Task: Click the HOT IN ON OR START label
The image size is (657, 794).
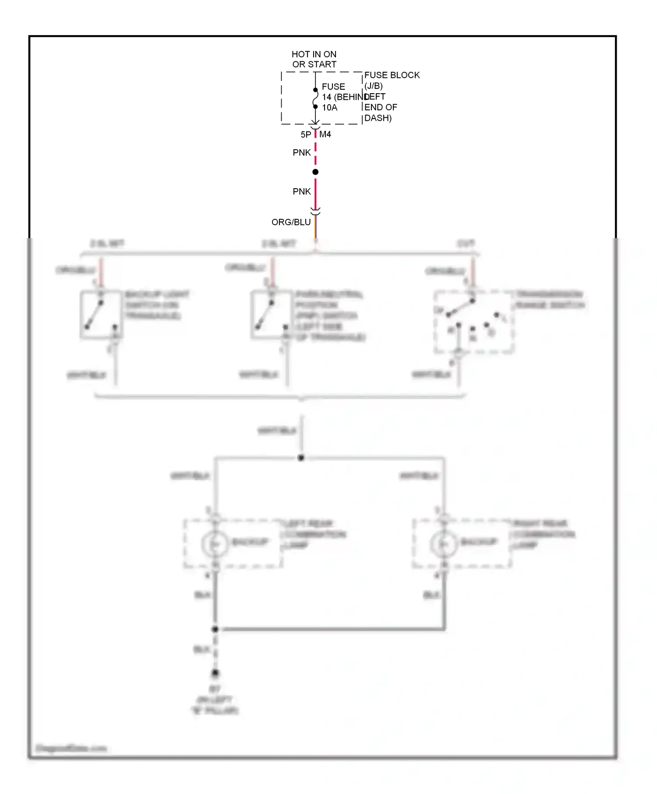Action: [x=314, y=59]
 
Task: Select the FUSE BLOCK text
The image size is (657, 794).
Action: [x=392, y=75]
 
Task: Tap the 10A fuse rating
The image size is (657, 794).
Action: [x=330, y=108]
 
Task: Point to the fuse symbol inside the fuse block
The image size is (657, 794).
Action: [x=315, y=98]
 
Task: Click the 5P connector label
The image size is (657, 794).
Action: [x=306, y=135]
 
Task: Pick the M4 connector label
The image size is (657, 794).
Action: [x=325, y=134]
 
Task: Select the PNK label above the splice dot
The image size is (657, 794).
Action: [x=302, y=153]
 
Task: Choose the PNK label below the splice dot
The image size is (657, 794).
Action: [x=302, y=192]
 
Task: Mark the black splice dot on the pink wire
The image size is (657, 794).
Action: [x=315, y=172]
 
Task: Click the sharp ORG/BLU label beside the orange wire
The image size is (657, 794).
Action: [x=291, y=222]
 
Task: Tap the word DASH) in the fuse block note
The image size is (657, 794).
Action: [x=378, y=118]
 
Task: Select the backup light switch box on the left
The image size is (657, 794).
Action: [x=101, y=315]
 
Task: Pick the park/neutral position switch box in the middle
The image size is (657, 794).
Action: [x=272, y=315]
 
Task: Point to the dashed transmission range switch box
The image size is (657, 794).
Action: [x=474, y=322]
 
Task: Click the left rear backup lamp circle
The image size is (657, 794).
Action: [x=215, y=544]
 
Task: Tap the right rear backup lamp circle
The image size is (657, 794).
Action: [x=444, y=544]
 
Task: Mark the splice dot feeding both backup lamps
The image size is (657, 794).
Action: [x=301, y=458]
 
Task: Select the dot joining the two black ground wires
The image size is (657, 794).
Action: [x=215, y=629]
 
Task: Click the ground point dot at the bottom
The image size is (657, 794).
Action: [x=215, y=673]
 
